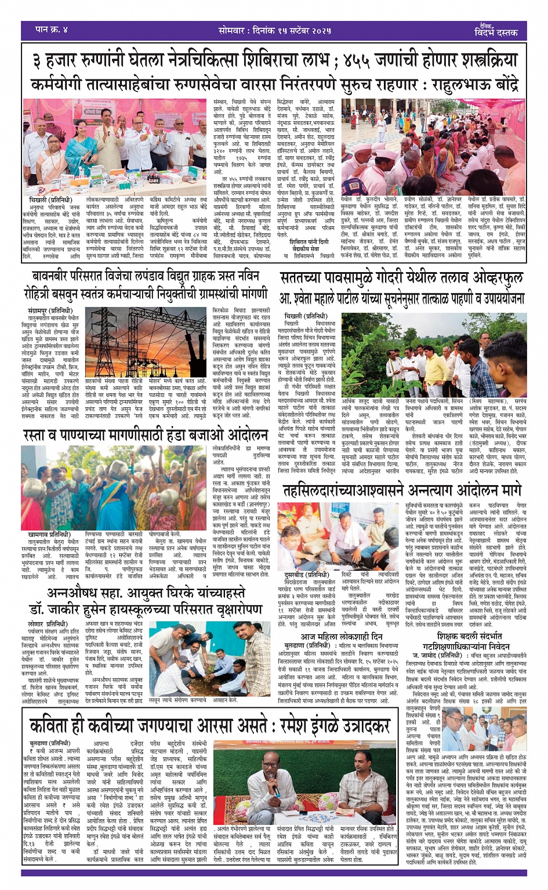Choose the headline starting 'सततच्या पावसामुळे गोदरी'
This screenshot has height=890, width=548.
click(401, 278)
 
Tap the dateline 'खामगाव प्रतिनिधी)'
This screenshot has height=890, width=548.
click(49, 534)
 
